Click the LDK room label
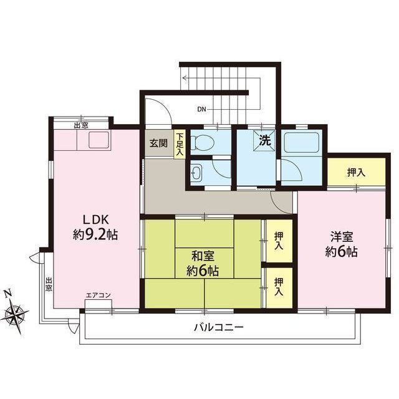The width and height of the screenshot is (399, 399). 96,219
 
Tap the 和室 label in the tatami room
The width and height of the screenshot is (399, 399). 203,256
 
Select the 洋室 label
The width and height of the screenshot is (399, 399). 342,237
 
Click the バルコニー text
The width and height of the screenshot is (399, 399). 219,327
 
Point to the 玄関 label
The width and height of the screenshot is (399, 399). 158,143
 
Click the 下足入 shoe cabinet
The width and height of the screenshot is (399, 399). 180,144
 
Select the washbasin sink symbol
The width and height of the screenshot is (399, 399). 196,173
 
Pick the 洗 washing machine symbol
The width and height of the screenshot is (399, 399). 265,141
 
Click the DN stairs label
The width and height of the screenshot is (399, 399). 201,110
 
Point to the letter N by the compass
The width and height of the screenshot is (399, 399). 8,293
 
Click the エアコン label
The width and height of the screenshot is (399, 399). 99,295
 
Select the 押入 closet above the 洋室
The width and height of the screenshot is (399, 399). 356,173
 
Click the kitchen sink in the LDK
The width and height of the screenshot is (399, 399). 99,140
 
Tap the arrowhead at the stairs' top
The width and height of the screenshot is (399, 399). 185,78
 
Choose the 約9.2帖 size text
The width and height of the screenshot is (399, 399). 95,234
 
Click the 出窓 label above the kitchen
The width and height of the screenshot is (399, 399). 81,125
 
